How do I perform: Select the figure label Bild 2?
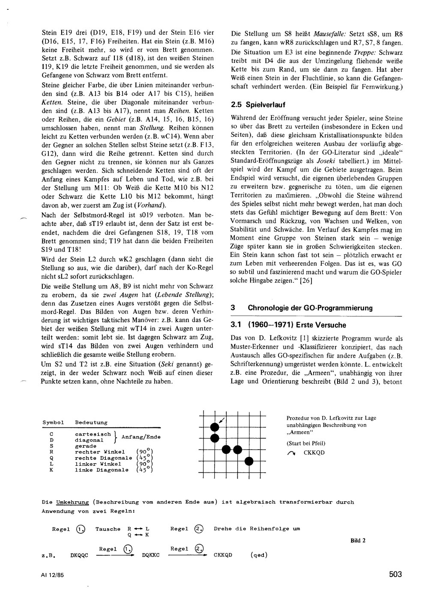pyautogui.click(x=358, y=540)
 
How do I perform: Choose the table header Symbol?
pyautogui.click(x=53, y=423)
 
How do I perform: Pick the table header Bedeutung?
pyautogui.click(x=91, y=423)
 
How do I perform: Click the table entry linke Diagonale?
pyautogui.click(x=102, y=470)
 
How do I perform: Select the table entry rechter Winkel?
pyautogui.click(x=100, y=452)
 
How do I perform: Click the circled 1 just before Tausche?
pyautogui.click(x=80, y=529)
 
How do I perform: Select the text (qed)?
pyautogui.click(x=259, y=555)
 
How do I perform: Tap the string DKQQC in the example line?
pyautogui.click(x=79, y=555)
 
